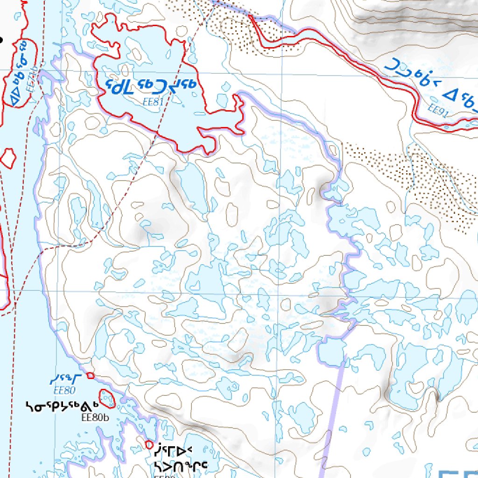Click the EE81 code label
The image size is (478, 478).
[153, 101]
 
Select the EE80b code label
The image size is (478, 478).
[95, 417]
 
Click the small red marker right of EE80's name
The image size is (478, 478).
[91, 375]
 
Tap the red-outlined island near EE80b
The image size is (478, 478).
[108, 398]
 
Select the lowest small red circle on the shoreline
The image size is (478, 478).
[149, 445]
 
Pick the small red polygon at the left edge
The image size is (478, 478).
[7, 158]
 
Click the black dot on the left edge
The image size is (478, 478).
[1, 40]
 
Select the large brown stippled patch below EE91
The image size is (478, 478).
[420, 182]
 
